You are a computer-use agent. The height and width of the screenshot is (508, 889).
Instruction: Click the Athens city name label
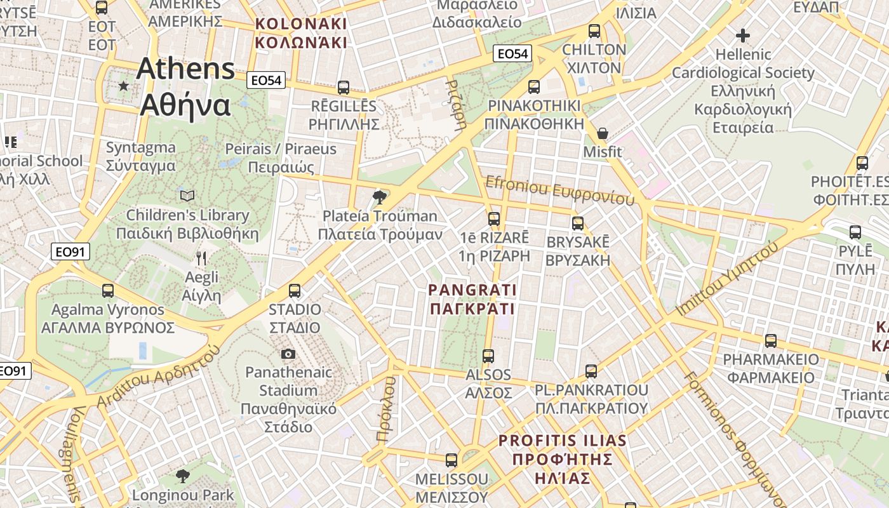point(185,87)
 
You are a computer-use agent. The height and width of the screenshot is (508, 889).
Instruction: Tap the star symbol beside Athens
point(123,86)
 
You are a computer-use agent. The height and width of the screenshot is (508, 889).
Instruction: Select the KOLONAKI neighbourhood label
point(301,33)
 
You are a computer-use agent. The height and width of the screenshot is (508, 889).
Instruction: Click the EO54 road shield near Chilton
point(512,54)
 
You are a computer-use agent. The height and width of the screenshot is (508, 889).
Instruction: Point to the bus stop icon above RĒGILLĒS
point(344,87)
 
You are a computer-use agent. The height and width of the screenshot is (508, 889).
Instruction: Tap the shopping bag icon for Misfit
point(603,133)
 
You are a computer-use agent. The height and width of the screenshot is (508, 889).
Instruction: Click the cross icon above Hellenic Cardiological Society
point(742,36)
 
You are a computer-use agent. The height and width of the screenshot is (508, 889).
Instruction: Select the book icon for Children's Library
point(187,196)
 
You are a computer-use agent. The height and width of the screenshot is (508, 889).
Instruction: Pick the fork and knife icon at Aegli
point(201,258)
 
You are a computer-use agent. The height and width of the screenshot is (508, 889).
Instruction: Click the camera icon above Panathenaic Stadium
point(288,354)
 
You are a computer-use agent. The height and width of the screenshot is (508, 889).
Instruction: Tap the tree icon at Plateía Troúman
point(380,197)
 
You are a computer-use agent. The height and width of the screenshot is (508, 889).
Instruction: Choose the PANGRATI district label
point(472,300)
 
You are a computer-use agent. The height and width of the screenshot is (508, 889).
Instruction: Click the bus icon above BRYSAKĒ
point(578,224)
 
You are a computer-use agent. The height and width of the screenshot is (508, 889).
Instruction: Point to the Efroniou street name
point(559,191)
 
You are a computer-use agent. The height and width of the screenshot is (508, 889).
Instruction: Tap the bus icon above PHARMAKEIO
point(771,341)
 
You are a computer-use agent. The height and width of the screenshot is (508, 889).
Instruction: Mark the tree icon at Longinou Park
point(183,476)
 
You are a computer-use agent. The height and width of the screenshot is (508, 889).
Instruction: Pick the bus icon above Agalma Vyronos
point(108,291)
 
